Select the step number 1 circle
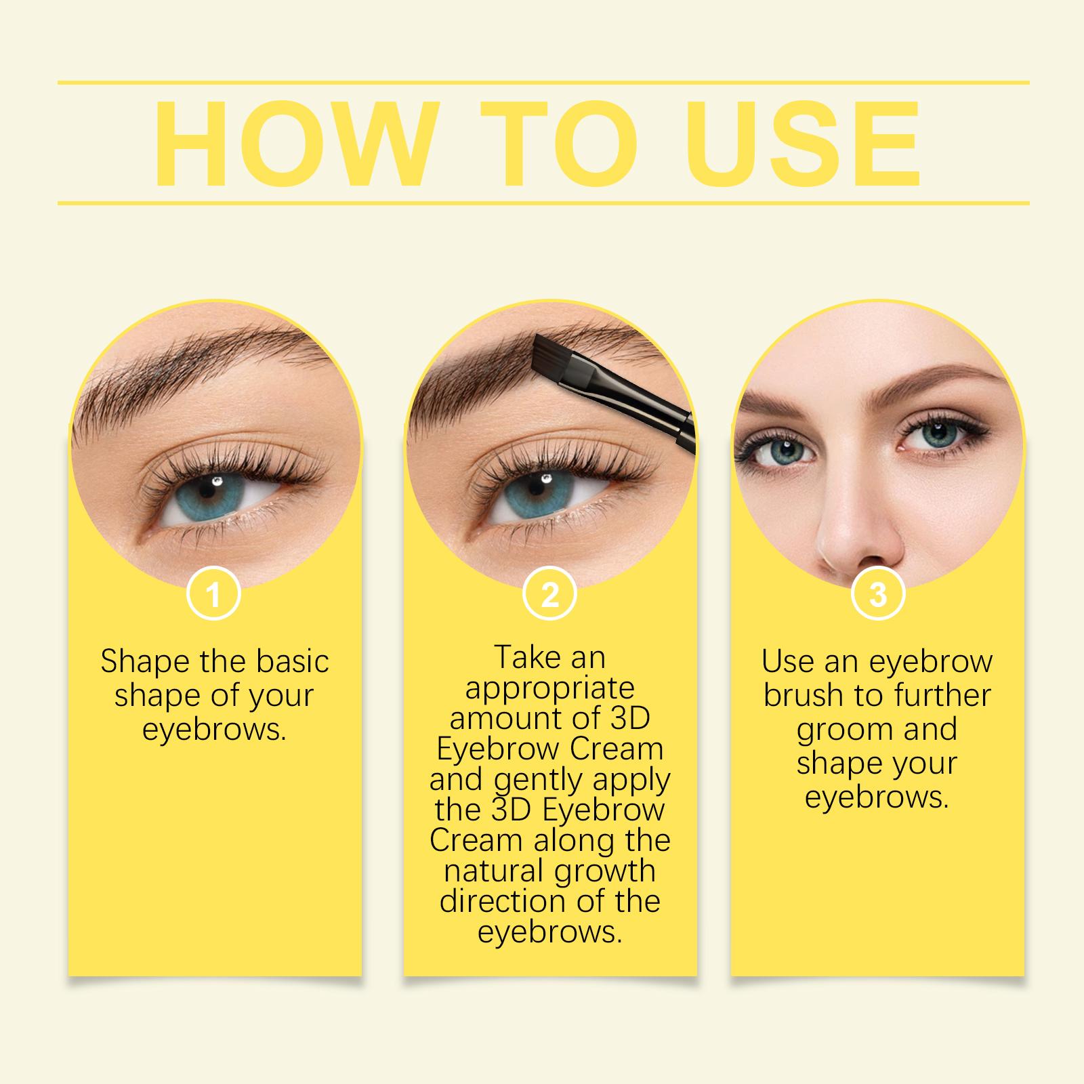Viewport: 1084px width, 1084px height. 213,596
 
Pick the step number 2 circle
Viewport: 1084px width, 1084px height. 550,596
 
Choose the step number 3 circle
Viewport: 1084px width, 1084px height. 877,596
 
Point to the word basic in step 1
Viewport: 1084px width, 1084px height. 290,661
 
